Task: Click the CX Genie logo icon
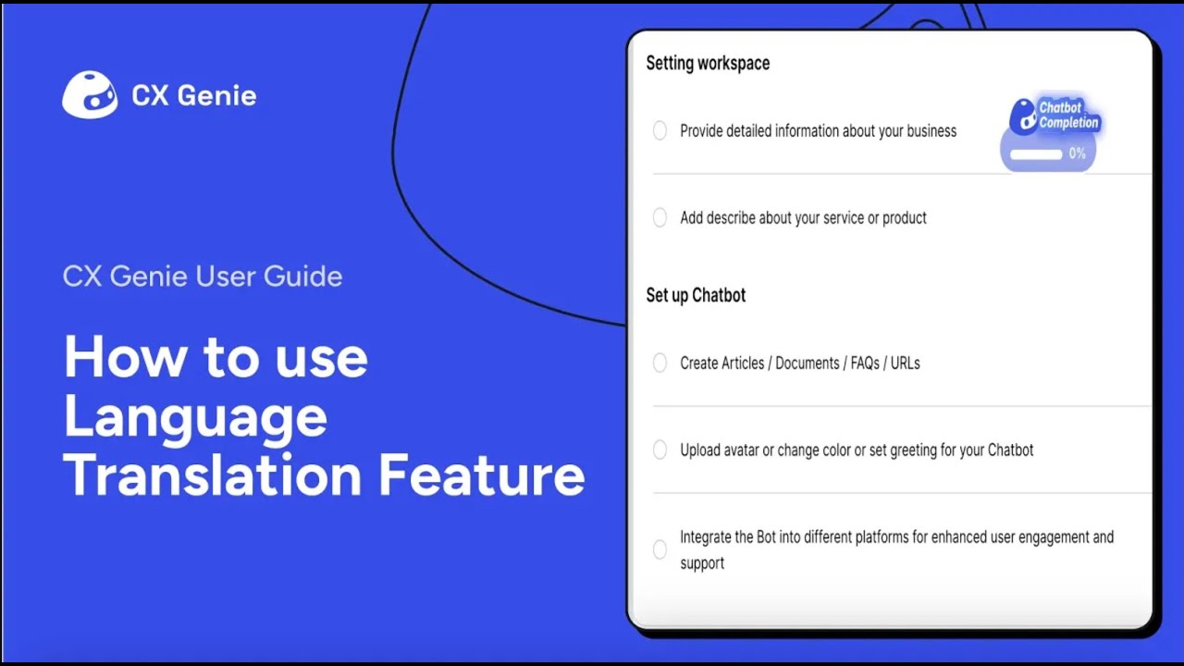[90, 95]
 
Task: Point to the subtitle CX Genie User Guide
[203, 277]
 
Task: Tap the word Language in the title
[195, 417]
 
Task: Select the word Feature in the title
[481, 475]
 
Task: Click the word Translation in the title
[212, 475]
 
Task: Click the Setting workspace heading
[708, 63]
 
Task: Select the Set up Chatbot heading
[696, 295]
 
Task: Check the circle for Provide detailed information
[660, 131]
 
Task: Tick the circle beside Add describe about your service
[660, 218]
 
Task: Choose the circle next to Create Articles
[660, 364]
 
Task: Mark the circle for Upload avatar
[660, 450]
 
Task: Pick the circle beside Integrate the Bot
[660, 549]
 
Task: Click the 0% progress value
[1078, 154]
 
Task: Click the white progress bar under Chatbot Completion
[1035, 154]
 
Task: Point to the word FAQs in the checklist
[865, 364]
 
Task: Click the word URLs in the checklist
[905, 364]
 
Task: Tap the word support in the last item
[702, 563]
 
